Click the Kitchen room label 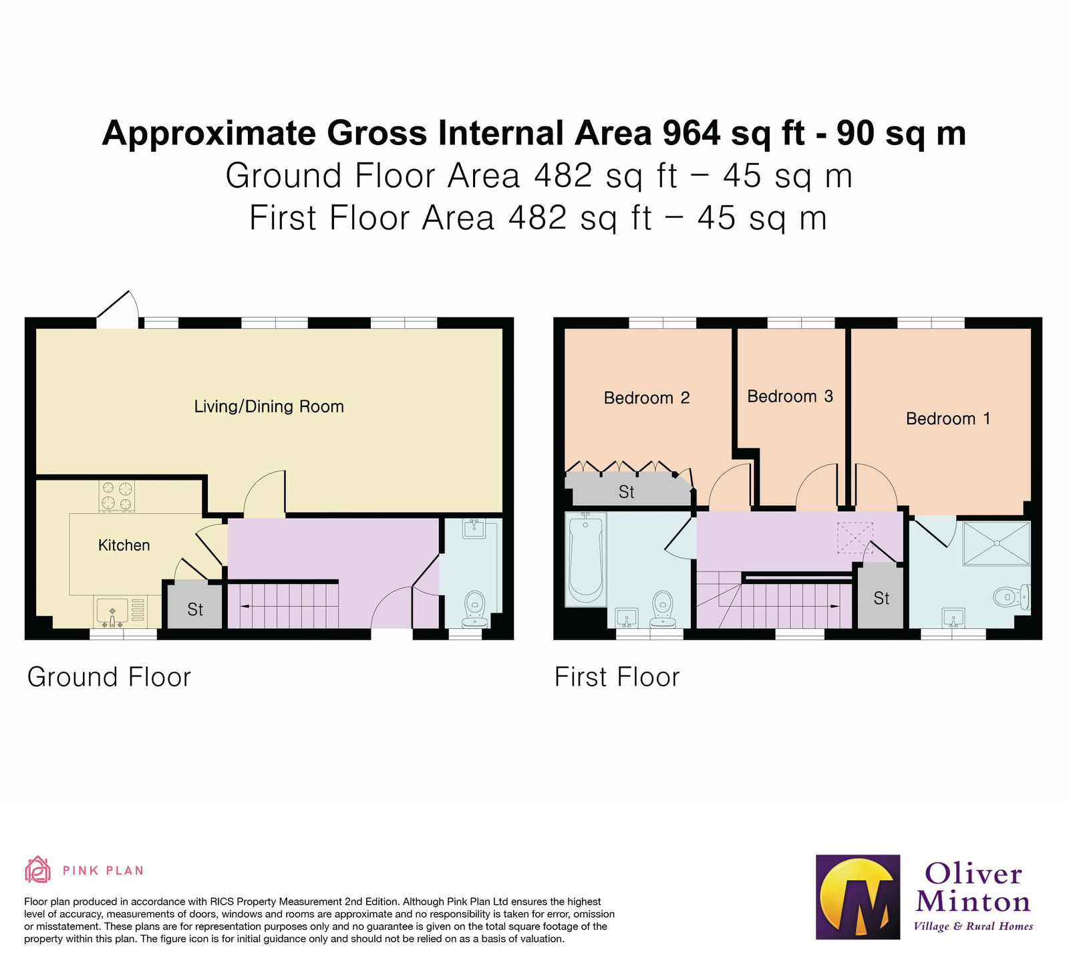[x=124, y=545]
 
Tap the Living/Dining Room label [x=269, y=406]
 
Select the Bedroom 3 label [x=790, y=396]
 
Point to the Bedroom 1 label [x=947, y=419]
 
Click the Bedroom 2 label [x=646, y=398]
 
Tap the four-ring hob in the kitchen [x=117, y=497]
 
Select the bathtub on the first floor [x=585, y=559]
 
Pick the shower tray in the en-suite [x=996, y=543]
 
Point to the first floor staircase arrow [x=834, y=606]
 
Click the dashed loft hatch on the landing [x=855, y=537]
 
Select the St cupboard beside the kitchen [x=194, y=609]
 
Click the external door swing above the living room [x=120, y=308]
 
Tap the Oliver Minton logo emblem [x=857, y=897]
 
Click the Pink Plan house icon [x=37, y=870]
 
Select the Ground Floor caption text [x=109, y=677]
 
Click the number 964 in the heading [x=691, y=133]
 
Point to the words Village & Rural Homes [x=973, y=926]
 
